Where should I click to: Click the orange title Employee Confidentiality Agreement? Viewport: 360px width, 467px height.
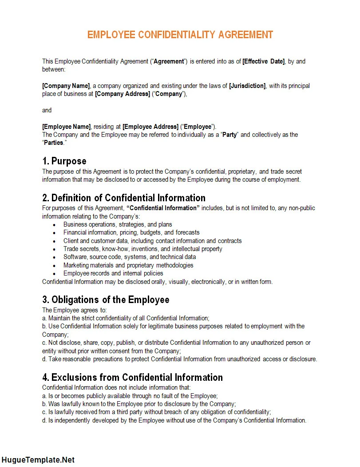(x=180, y=35)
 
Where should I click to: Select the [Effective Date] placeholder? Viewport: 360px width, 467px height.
(x=263, y=61)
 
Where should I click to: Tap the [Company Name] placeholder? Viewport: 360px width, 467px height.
(x=66, y=86)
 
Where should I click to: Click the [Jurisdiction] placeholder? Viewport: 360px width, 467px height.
(x=247, y=86)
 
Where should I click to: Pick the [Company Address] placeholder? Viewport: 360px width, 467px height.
(x=122, y=94)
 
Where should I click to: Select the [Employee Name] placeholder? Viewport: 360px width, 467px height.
(x=67, y=127)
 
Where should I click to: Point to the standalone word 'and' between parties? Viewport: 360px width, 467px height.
(x=47, y=110)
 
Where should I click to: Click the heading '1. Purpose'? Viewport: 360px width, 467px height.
(x=64, y=161)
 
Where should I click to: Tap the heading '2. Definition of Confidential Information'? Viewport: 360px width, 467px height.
(x=124, y=198)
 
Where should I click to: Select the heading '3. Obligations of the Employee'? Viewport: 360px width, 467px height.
(x=106, y=299)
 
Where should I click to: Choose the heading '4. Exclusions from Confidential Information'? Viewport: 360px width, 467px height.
(x=132, y=377)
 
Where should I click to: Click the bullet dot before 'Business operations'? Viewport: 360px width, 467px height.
(x=54, y=225)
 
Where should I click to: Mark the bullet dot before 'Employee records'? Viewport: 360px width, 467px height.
(x=54, y=274)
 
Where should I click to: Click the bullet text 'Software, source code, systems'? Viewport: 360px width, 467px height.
(x=129, y=257)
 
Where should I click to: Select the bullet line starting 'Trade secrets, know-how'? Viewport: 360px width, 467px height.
(x=142, y=249)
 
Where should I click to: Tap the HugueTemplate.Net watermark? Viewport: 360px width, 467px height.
(x=38, y=460)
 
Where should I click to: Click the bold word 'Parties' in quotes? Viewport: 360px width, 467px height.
(x=53, y=143)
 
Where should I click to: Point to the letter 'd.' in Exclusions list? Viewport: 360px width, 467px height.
(x=44, y=420)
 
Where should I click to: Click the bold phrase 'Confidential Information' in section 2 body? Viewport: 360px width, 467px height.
(x=163, y=208)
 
